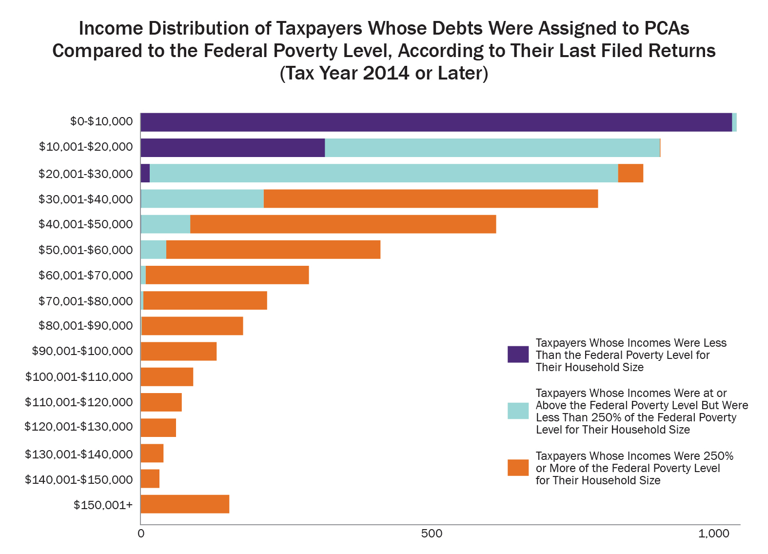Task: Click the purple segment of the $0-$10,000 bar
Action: [x=436, y=122]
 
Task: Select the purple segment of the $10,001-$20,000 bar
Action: [x=233, y=148]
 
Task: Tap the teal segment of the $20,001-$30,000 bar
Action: [x=384, y=173]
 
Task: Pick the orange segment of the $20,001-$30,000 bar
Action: [x=630, y=173]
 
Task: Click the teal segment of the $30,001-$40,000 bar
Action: [x=202, y=198]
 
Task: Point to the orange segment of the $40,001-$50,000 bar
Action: [x=343, y=224]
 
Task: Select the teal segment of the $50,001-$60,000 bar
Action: [x=154, y=250]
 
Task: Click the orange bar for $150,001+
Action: [x=185, y=504]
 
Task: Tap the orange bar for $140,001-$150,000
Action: [x=150, y=478]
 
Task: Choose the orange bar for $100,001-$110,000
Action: [x=167, y=377]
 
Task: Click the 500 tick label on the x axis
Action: [x=432, y=534]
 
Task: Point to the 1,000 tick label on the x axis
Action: [x=714, y=534]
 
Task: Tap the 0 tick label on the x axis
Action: [x=141, y=534]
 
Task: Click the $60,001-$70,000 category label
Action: [x=86, y=276]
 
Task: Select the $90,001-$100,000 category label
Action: [x=82, y=351]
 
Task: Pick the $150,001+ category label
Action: [x=103, y=505]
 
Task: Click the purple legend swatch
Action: [x=518, y=355]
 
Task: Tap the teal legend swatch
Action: [x=518, y=411]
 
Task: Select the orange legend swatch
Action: [x=518, y=468]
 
